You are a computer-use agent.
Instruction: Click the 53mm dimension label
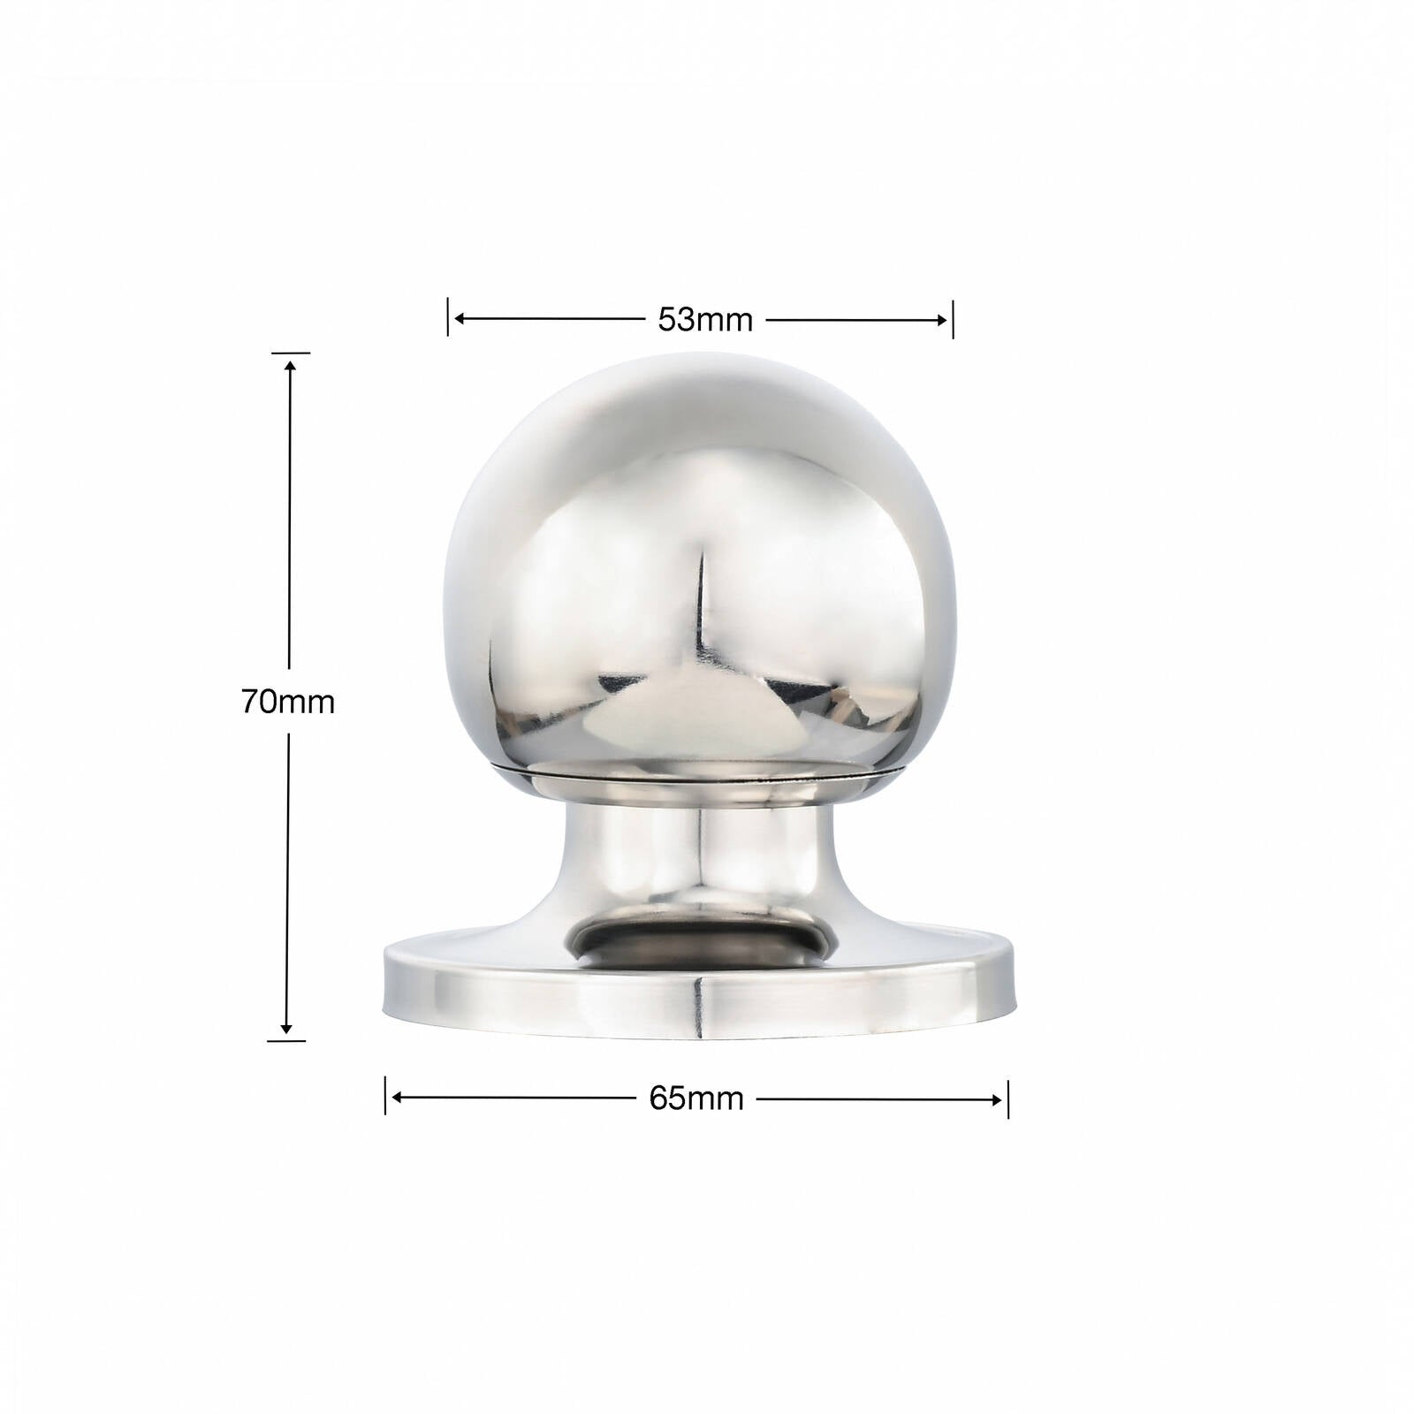pyautogui.click(x=704, y=320)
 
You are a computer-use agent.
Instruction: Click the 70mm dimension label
pyautogui.click(x=288, y=703)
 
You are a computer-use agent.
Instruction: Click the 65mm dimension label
pyautogui.click(x=696, y=1099)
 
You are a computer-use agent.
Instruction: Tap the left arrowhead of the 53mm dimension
pyautogui.click(x=461, y=319)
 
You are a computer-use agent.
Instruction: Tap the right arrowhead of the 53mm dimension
pyautogui.click(x=939, y=320)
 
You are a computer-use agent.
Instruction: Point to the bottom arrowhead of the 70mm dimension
pyautogui.click(x=286, y=1027)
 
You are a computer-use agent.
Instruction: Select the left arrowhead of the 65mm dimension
pyautogui.click(x=399, y=1098)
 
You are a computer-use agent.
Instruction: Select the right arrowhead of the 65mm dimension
pyautogui.click(x=995, y=1100)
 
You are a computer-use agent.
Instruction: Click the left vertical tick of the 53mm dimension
pyautogui.click(x=448, y=317)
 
